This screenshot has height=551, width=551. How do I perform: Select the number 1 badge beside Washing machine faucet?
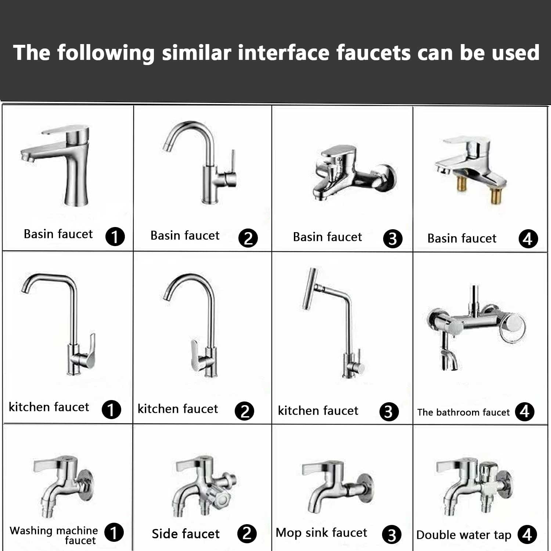114,532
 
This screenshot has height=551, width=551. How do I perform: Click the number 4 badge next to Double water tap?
527,534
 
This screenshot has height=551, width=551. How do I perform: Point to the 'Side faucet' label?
186,533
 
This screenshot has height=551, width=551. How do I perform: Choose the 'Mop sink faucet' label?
321,533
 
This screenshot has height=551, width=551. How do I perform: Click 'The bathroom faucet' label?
463,412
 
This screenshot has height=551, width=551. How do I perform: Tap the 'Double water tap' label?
464,535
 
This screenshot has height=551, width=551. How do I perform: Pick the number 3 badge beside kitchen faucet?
389,412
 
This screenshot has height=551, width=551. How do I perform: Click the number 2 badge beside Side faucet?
247,533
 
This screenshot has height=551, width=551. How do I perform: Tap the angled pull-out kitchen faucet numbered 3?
334,323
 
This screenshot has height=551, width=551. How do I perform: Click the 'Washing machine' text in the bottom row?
54,531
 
